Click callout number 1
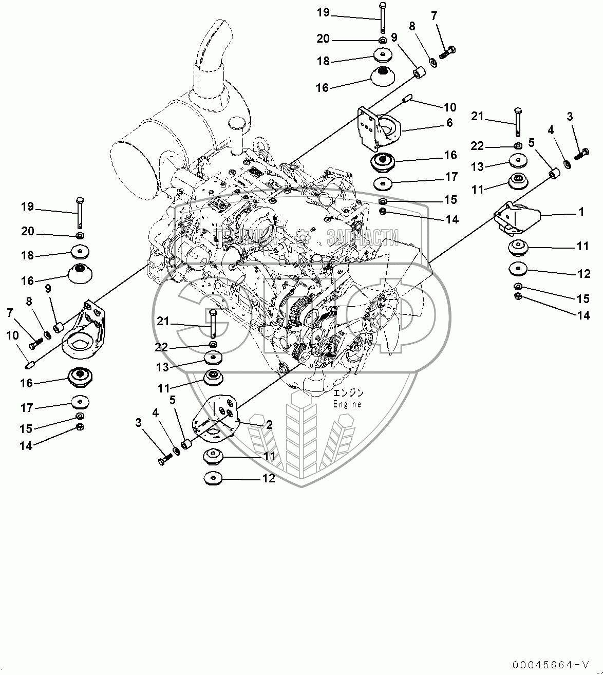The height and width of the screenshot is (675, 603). [581, 212]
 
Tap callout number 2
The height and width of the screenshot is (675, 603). [269, 425]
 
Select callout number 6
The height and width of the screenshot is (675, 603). [449, 123]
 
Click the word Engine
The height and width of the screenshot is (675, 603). [347, 404]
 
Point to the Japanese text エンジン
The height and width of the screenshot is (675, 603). [348, 393]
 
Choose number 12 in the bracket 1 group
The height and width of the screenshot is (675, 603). [584, 274]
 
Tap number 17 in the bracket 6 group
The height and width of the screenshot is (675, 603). [451, 177]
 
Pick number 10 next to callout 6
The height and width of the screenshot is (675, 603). [449, 107]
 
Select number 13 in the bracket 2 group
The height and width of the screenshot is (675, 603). [163, 367]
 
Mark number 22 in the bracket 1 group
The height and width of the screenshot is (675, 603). [478, 146]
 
